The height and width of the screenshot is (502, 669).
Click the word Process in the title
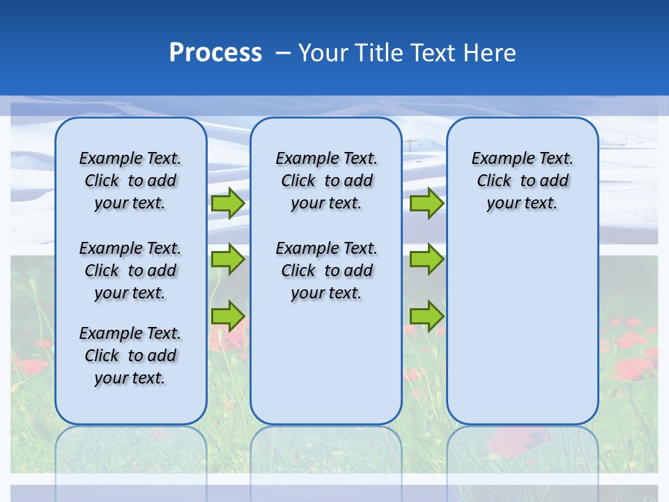pyautogui.click(x=215, y=52)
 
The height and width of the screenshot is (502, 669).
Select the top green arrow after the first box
pyautogui.click(x=228, y=204)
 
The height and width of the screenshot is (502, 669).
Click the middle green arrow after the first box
pyautogui.click(x=228, y=259)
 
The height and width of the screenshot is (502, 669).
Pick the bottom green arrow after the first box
pyautogui.click(x=228, y=316)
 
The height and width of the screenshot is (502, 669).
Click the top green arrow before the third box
pyautogui.click(x=426, y=204)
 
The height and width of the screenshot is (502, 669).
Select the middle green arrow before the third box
pyautogui.click(x=426, y=259)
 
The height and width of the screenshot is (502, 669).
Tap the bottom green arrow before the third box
pyautogui.click(x=426, y=316)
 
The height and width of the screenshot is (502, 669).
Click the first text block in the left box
pyautogui.click(x=130, y=181)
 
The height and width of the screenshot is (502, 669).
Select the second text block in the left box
pyautogui.click(x=130, y=271)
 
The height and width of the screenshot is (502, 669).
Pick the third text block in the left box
pyautogui.click(x=130, y=356)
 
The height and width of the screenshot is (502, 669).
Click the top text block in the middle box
pyautogui.click(x=326, y=181)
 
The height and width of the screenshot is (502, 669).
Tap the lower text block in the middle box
pyautogui.click(x=326, y=271)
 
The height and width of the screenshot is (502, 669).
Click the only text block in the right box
pyautogui.click(x=522, y=181)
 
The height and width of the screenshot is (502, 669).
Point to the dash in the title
pyautogui.click(x=283, y=53)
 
